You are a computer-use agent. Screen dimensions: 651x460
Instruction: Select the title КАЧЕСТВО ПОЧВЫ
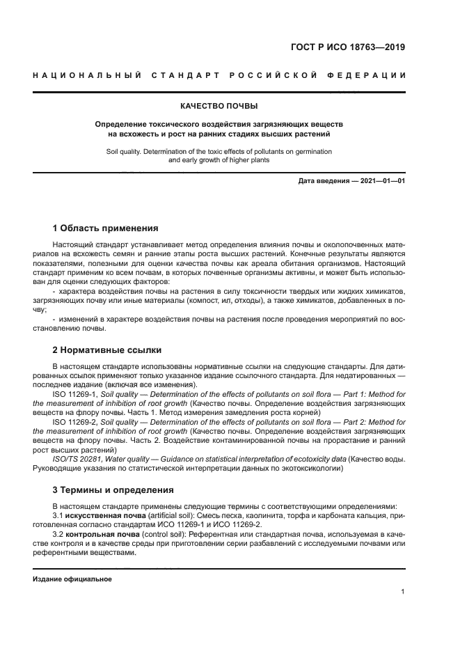[x=219, y=106]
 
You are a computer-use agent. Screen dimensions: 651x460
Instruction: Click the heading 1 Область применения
[x=105, y=228]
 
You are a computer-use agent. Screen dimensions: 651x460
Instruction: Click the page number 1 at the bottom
[x=403, y=591]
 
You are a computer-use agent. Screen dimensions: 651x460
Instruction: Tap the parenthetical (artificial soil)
[x=162, y=515]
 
